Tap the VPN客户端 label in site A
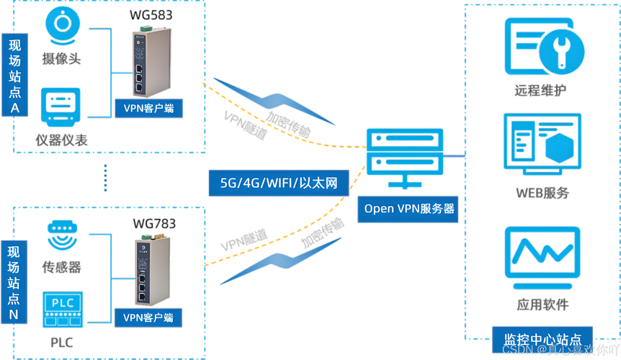pyautogui.click(x=149, y=109)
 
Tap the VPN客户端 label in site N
pyautogui.click(x=149, y=317)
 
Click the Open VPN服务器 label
pyautogui.click(x=409, y=209)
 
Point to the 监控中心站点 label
pyautogui.click(x=541, y=338)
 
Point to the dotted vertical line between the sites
pyautogui.click(x=105, y=177)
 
